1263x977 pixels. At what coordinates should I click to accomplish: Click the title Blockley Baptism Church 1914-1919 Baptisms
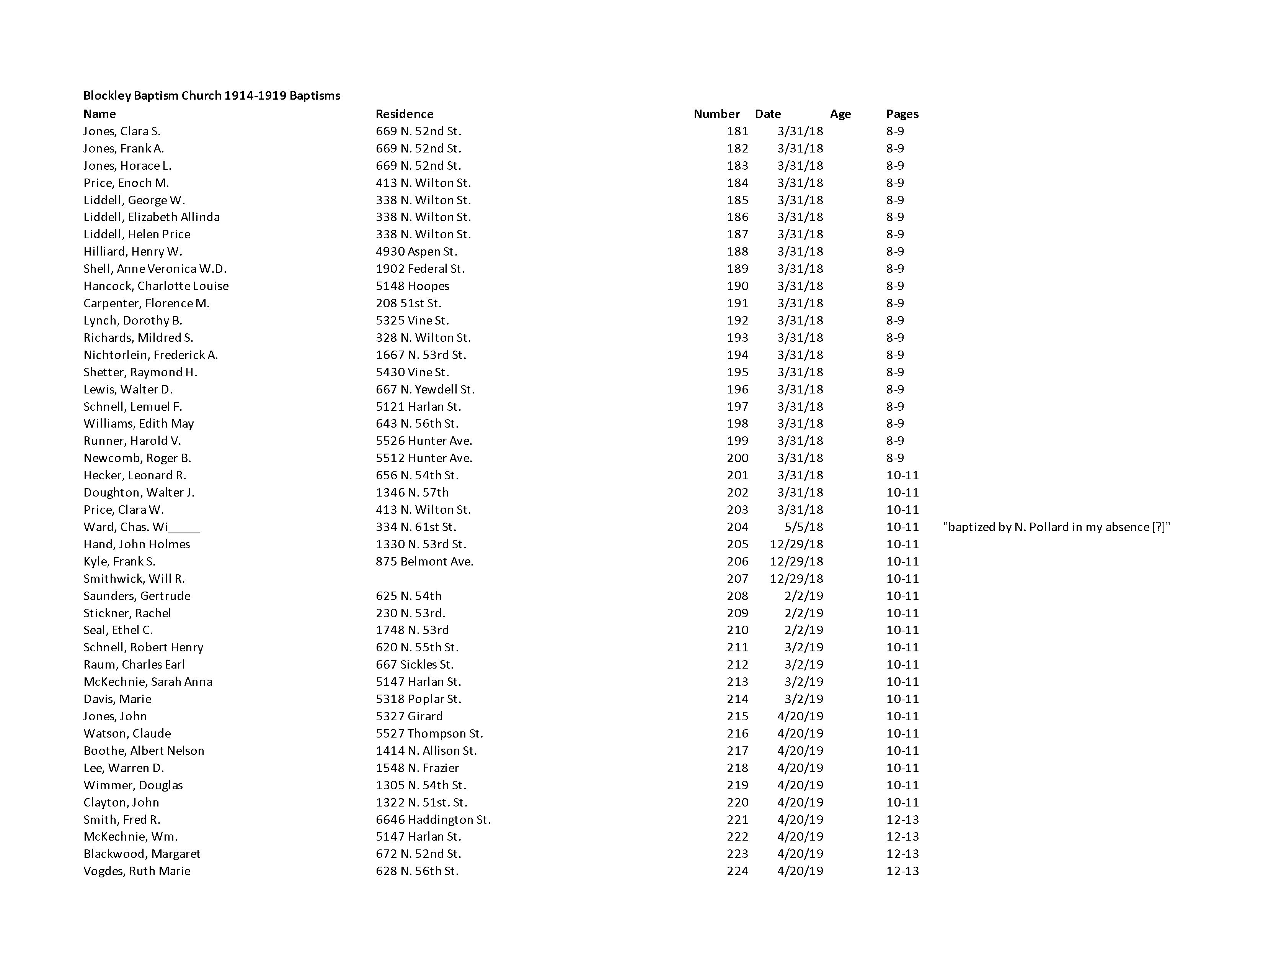pos(212,95)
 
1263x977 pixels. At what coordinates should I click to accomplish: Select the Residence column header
pos(404,114)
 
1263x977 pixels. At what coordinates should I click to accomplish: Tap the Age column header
pos(840,114)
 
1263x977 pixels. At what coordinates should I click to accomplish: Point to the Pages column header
pos(902,114)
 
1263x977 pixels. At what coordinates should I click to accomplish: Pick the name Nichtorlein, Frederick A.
pos(150,355)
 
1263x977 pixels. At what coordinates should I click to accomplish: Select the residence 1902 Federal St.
pos(420,269)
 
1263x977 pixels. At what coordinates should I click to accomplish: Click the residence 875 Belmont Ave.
pos(424,561)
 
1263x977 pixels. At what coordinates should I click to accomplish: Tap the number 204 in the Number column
pos(738,527)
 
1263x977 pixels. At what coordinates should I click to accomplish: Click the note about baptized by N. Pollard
pos(1056,527)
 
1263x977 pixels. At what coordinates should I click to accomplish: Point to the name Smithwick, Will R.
pos(134,579)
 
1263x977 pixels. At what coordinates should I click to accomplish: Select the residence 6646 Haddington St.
pos(433,820)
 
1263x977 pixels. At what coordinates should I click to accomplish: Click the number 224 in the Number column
pos(738,871)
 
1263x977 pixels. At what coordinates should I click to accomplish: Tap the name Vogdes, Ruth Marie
pos(137,871)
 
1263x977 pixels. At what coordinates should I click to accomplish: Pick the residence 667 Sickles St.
pos(414,664)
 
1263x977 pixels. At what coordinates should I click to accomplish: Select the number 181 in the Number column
pos(738,131)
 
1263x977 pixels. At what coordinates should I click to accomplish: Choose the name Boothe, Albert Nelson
pos(144,751)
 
